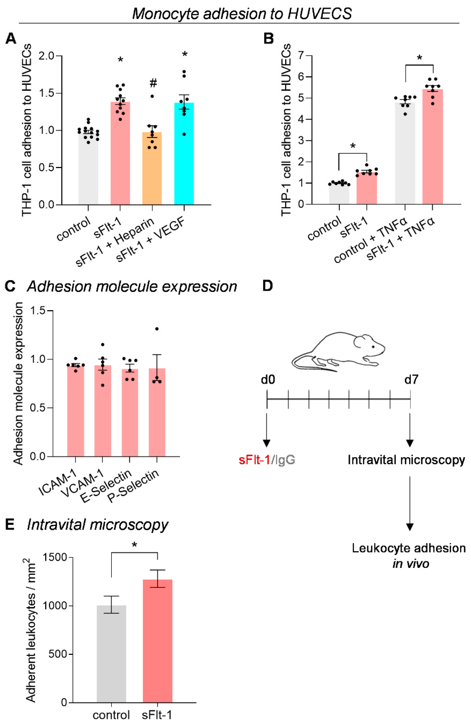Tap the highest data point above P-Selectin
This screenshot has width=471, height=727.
tap(157, 329)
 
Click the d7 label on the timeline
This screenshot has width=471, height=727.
tap(411, 380)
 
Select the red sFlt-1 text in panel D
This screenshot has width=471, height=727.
tap(254, 460)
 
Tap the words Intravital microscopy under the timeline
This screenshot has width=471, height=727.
tap(406, 460)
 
